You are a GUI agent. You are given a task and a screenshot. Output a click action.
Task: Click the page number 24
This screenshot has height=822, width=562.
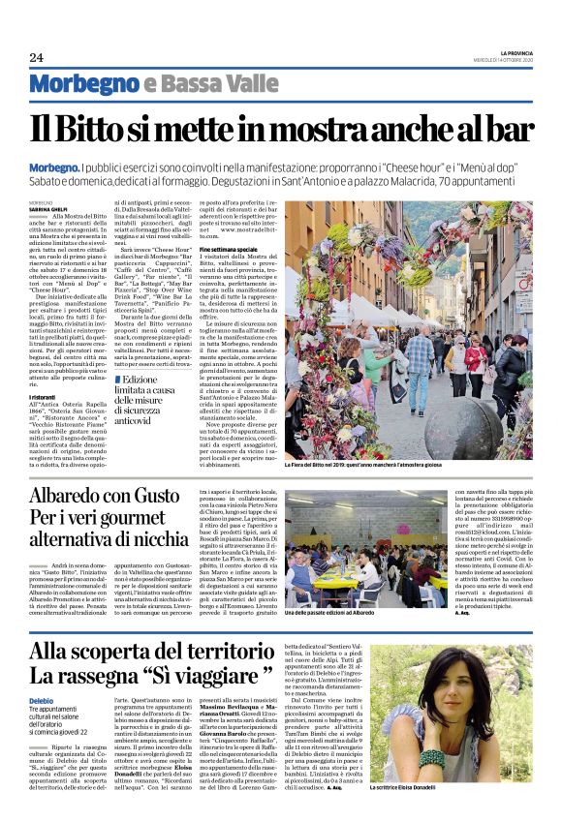pos(36,57)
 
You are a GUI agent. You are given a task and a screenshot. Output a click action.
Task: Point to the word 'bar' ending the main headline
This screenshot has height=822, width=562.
pos(505,129)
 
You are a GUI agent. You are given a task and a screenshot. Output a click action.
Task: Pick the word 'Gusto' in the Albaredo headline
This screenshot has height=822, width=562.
pos(178,497)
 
